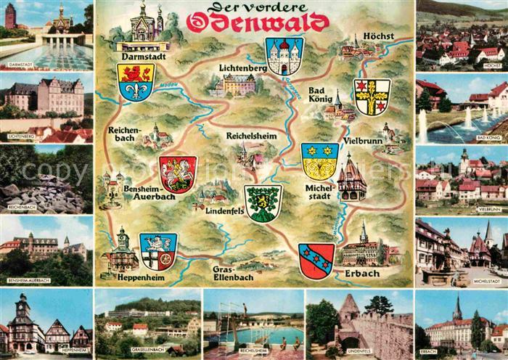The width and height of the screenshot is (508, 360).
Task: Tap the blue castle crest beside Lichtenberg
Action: (x=284, y=56)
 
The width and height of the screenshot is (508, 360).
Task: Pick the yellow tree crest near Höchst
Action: (x=371, y=97)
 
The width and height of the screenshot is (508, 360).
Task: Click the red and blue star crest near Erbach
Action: (x=316, y=261)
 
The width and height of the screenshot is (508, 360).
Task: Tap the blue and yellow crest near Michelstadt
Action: (x=319, y=161)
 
